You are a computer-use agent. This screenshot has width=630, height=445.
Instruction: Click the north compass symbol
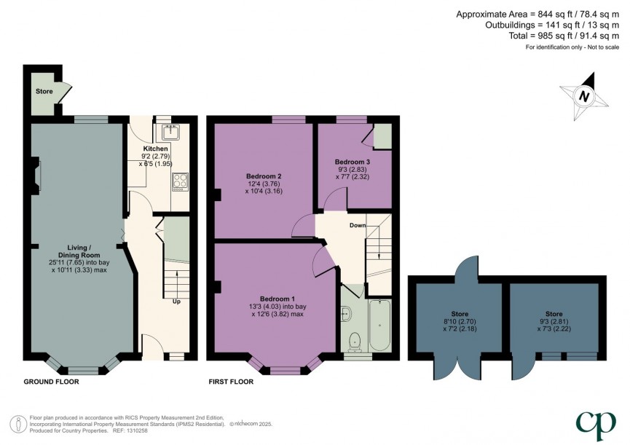pyautogui.click(x=583, y=96)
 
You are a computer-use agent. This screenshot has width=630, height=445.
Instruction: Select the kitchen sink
pyautogui.click(x=172, y=133)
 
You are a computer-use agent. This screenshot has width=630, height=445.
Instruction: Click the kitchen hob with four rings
pyautogui.click(x=179, y=181)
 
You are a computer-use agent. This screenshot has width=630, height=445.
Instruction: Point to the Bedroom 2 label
pyautogui.click(x=263, y=176)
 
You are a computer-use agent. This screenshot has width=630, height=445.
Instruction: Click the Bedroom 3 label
pyautogui.click(x=353, y=162)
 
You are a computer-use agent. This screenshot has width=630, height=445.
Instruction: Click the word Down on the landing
pyautogui.click(x=357, y=225)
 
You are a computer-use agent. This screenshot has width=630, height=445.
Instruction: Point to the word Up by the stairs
pyautogui.click(x=176, y=301)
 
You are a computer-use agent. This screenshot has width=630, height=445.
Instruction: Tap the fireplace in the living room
pyautogui.click(x=38, y=174)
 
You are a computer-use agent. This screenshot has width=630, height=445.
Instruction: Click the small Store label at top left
pyautogui.click(x=44, y=92)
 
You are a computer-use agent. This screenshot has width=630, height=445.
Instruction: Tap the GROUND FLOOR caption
pyautogui.click(x=51, y=381)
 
